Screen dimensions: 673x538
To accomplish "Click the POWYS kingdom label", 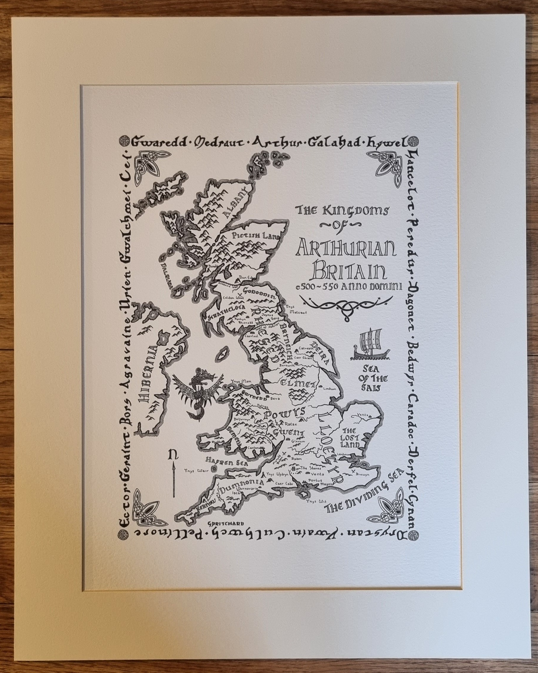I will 284,414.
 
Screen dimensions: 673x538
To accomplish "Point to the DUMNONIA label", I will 241,492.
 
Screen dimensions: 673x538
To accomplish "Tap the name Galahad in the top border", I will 332,143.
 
